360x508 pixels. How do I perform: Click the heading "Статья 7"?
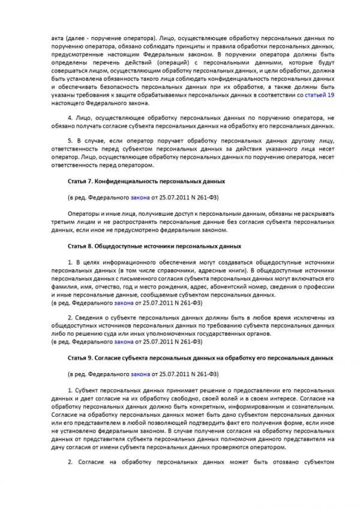(x=79, y=181)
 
